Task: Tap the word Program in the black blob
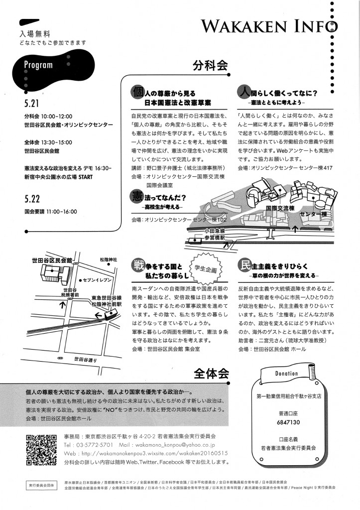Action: [x=38, y=65]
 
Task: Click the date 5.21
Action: [x=31, y=106]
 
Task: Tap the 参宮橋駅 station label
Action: [x=215, y=238]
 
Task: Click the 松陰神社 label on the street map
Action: [x=108, y=260]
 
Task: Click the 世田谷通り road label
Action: [x=84, y=359]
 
